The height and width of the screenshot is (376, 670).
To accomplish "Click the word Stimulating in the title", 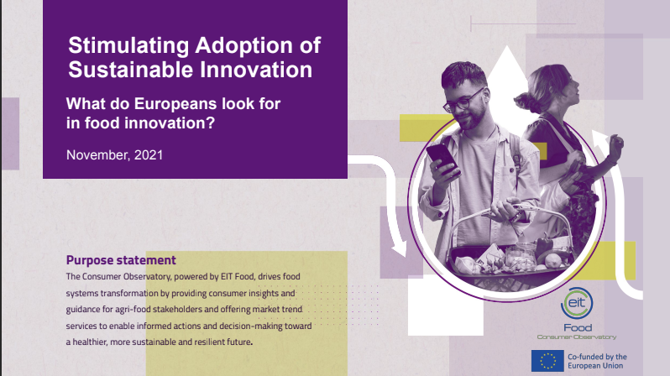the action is (x=128, y=46).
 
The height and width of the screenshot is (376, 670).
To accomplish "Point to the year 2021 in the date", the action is (x=149, y=154).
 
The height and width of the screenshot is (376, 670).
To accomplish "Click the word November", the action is (x=98, y=155).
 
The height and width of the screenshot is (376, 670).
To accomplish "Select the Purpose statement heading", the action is (x=121, y=260).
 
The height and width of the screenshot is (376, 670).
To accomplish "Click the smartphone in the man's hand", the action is (x=442, y=159).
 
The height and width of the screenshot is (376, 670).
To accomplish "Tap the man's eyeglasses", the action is (x=464, y=101).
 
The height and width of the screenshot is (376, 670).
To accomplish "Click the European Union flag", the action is (x=547, y=361).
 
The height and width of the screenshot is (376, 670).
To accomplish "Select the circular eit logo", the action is (x=577, y=303).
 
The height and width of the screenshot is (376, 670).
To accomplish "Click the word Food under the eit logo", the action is (x=578, y=327).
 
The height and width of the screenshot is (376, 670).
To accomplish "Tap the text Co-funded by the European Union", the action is (x=597, y=361).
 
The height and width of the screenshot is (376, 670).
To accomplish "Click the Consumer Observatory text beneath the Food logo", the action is (x=577, y=337).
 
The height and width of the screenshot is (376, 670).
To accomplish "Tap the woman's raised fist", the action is (x=615, y=144).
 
